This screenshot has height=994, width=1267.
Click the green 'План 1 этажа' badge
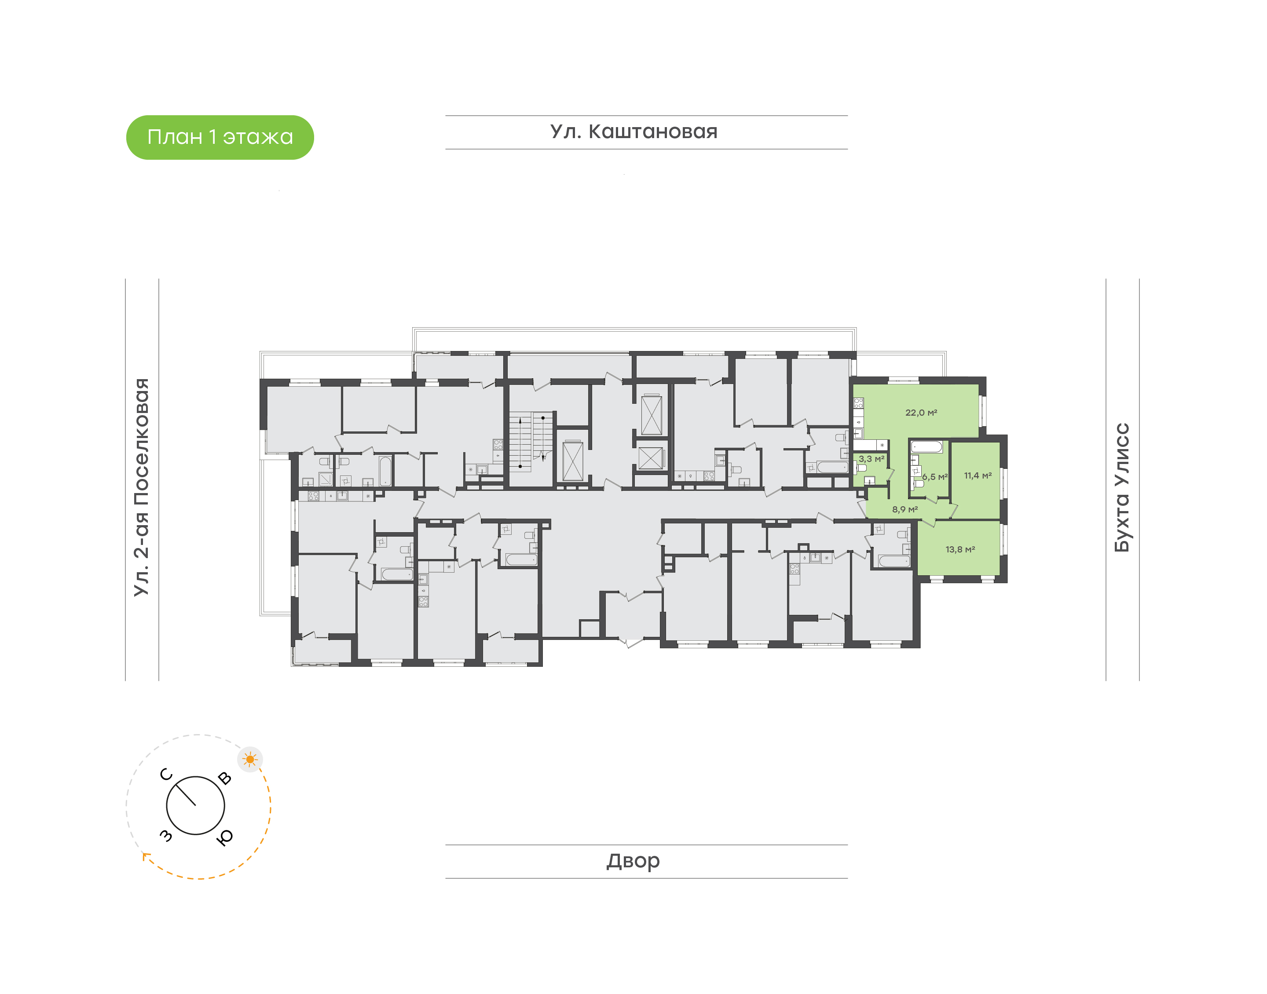[x=220, y=137]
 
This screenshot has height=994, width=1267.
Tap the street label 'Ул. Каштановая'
[x=634, y=132]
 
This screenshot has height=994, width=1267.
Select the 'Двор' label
[x=633, y=861]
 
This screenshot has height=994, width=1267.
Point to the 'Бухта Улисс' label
[x=1121, y=487]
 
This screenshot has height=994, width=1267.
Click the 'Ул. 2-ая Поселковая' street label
[x=141, y=487]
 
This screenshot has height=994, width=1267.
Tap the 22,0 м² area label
[x=921, y=413]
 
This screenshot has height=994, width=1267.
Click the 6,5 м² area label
[x=935, y=477]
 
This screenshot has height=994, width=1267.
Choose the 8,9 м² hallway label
[x=905, y=509]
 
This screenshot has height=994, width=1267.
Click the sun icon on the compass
[x=250, y=759]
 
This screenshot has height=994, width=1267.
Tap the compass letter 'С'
[x=166, y=775]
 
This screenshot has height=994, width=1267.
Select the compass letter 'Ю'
[x=225, y=837]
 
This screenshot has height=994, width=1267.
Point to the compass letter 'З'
[x=166, y=836]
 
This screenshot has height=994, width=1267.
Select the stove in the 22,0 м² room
[x=858, y=403]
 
